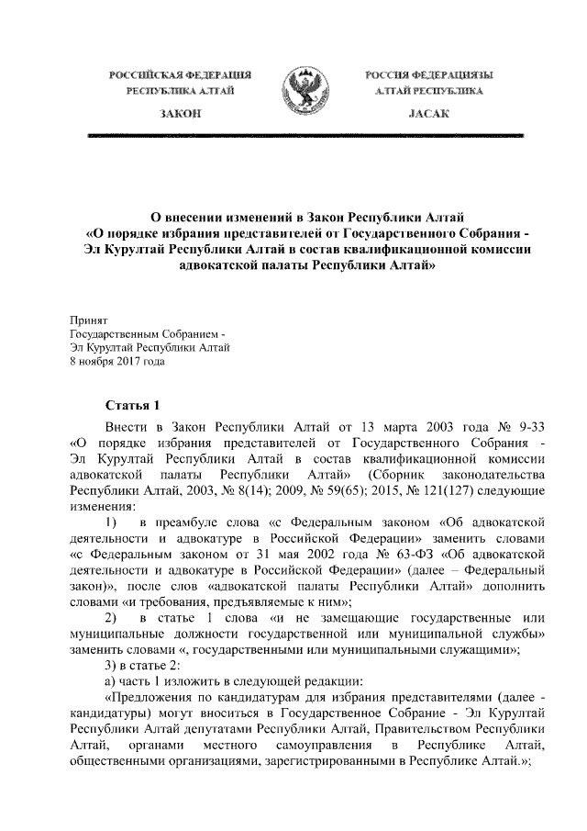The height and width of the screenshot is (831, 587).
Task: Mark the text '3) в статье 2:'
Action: click(146, 665)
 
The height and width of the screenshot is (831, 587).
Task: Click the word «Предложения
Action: click(150, 697)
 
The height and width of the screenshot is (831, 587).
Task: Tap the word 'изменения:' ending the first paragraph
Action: click(103, 506)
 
